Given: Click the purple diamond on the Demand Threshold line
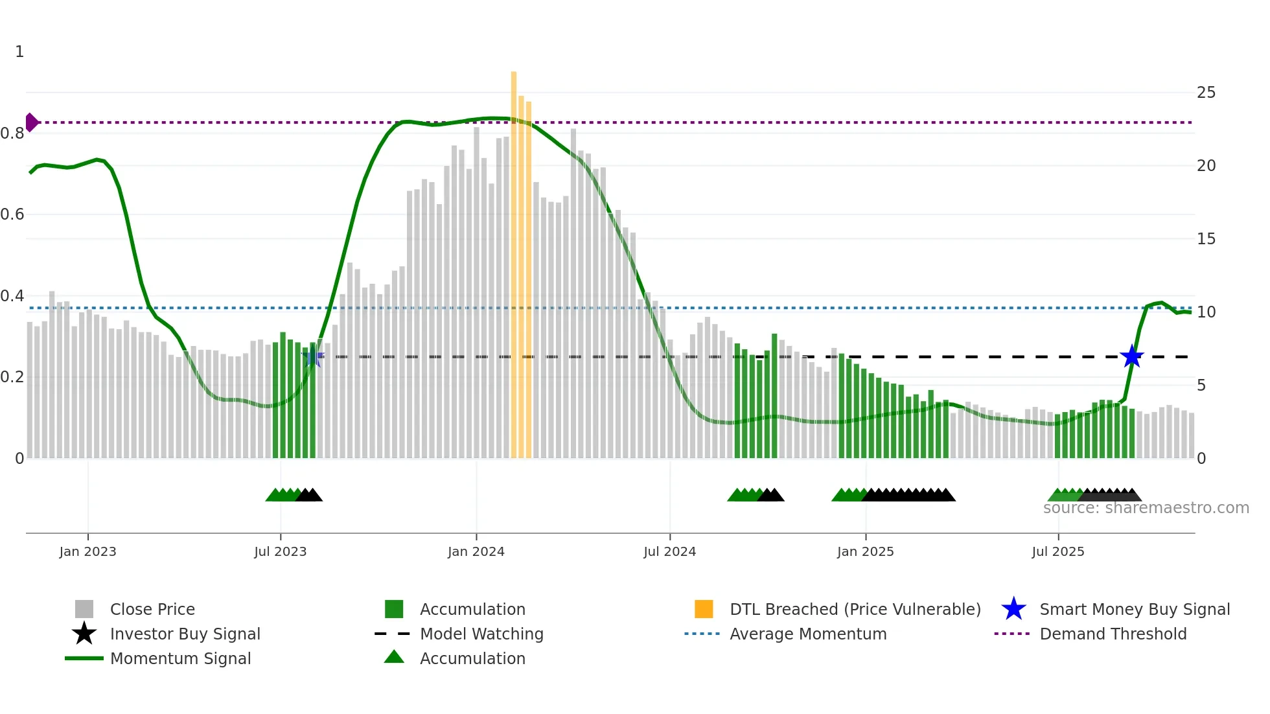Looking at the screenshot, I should (31, 122).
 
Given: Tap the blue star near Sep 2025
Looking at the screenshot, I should (1132, 356).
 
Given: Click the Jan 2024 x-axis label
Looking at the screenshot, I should (476, 551).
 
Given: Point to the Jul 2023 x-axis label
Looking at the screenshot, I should (280, 551).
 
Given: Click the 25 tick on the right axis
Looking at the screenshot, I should (1206, 93).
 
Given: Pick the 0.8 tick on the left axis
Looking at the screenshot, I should (12, 133).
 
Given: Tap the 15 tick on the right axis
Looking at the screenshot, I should (1206, 239).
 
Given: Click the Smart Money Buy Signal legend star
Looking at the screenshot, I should (1013, 609).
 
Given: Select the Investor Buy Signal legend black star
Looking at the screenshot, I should (84, 634).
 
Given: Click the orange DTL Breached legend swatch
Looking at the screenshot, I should (704, 609).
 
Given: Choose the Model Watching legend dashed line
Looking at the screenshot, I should (393, 634).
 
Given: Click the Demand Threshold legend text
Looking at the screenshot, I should (1113, 634).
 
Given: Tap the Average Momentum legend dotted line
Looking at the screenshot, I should (702, 634).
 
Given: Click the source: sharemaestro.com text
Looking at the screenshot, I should (1146, 508).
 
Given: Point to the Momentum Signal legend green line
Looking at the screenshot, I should (84, 658).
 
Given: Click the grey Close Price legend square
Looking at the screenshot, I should (84, 609).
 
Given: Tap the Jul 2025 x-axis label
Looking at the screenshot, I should (1057, 551).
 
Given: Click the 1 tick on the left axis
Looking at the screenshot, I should (19, 52).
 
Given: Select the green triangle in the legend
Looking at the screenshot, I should (394, 657).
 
